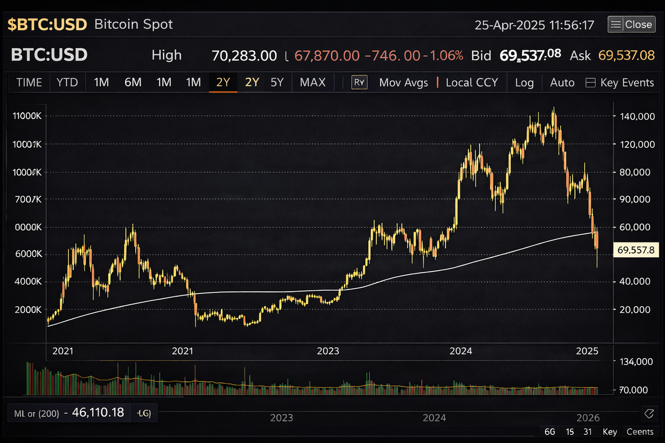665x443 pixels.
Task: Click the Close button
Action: tap(631, 24)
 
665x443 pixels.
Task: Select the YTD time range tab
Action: tap(68, 83)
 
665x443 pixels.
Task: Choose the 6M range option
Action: tap(133, 83)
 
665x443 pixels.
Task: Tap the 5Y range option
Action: tap(277, 83)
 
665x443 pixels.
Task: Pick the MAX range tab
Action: tap(313, 83)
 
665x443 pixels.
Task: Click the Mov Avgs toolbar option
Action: tap(403, 83)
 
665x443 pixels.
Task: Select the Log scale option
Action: tap(524, 83)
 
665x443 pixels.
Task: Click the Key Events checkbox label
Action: tap(627, 83)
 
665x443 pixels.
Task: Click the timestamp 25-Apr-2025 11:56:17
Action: tap(534, 25)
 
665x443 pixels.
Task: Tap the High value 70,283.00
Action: tap(244, 55)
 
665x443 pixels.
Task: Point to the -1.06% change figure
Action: tap(443, 55)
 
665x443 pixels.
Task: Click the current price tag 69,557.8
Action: tap(636, 250)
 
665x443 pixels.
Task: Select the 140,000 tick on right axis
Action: tap(635, 116)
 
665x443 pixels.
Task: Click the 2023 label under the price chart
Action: tap(328, 351)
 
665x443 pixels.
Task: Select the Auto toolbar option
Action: tap(562, 83)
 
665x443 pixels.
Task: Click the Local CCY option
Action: tap(472, 83)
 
